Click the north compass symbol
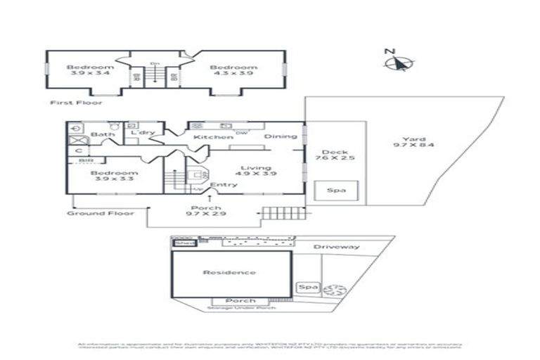coord(398,62)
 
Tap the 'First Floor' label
coord(76,103)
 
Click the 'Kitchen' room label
coord(208,137)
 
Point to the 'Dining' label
coord(281,136)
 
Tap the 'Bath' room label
coord(103,134)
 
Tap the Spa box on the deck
coord(337,190)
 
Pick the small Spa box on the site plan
coord(307,288)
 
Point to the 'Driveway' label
coord(336,247)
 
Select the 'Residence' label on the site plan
coord(229,272)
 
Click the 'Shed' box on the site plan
coord(184,243)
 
